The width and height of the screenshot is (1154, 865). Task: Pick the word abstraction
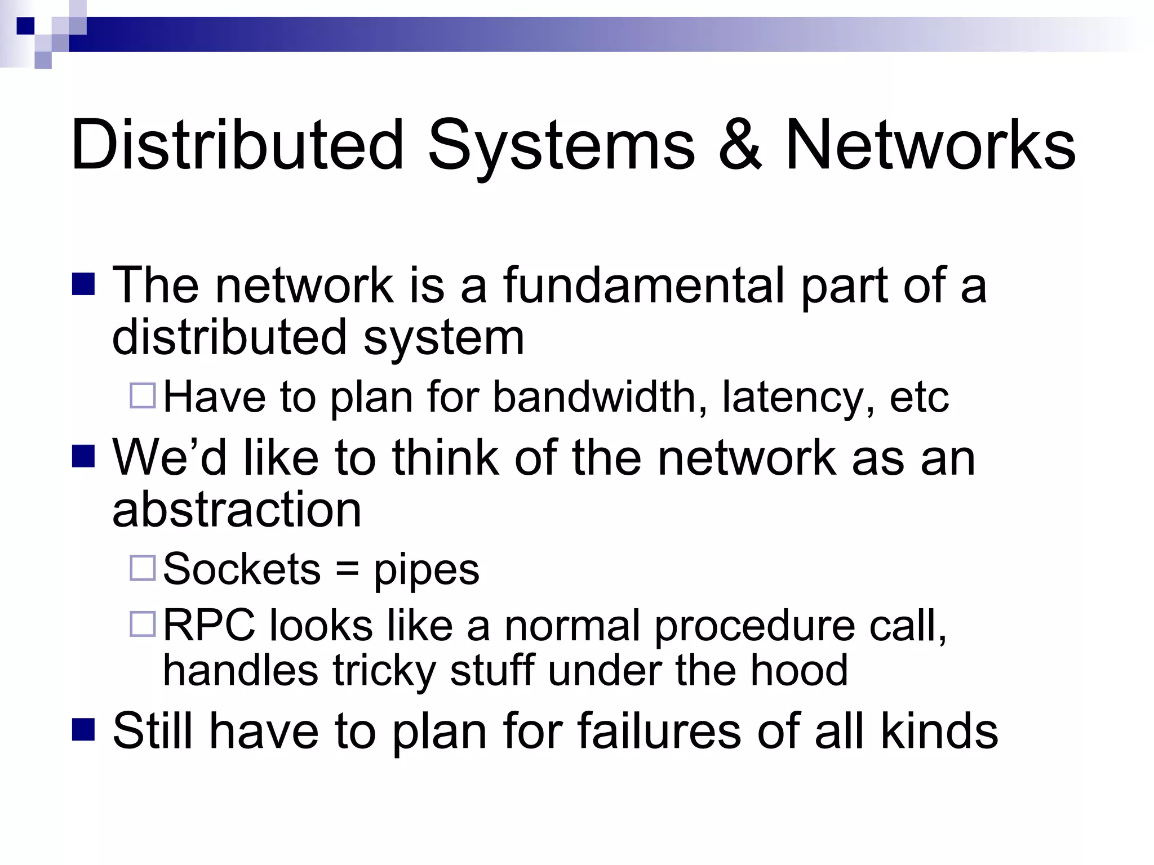[x=237, y=509]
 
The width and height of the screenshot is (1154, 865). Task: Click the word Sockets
[x=242, y=569]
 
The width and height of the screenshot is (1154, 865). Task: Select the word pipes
[x=427, y=571]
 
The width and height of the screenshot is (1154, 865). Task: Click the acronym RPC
[x=211, y=625]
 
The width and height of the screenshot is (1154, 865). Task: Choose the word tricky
[x=384, y=671]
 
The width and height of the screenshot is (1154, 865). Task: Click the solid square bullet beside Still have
[x=83, y=730]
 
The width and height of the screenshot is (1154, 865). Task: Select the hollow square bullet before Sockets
[x=143, y=568]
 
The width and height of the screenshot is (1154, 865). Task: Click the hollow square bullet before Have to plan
[x=143, y=395]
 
